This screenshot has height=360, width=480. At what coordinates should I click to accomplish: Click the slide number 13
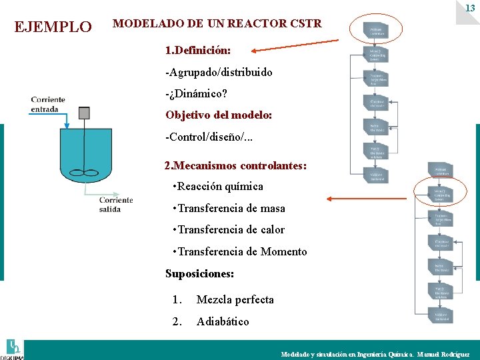[470, 8]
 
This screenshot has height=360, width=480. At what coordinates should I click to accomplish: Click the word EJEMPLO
[53, 27]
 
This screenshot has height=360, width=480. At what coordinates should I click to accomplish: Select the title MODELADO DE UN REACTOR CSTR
[217, 24]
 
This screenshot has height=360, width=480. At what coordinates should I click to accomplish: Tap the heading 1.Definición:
[198, 50]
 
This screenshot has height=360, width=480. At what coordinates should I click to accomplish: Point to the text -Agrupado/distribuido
[219, 72]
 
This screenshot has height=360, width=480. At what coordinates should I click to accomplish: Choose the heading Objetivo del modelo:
[219, 115]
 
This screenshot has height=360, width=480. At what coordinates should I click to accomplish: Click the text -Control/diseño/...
[211, 137]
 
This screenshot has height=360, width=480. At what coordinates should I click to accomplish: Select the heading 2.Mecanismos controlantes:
[235, 165]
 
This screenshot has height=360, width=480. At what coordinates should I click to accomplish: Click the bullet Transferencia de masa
[231, 208]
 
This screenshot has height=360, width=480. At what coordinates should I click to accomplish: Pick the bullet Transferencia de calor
[231, 230]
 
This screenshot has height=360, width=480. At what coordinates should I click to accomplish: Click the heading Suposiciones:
[199, 273]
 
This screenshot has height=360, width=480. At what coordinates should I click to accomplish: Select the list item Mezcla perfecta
[235, 299]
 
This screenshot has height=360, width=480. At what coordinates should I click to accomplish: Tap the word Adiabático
[223, 321]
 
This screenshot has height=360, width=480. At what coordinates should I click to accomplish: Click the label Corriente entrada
[48, 105]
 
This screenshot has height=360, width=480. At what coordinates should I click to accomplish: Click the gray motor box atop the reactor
[84, 113]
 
